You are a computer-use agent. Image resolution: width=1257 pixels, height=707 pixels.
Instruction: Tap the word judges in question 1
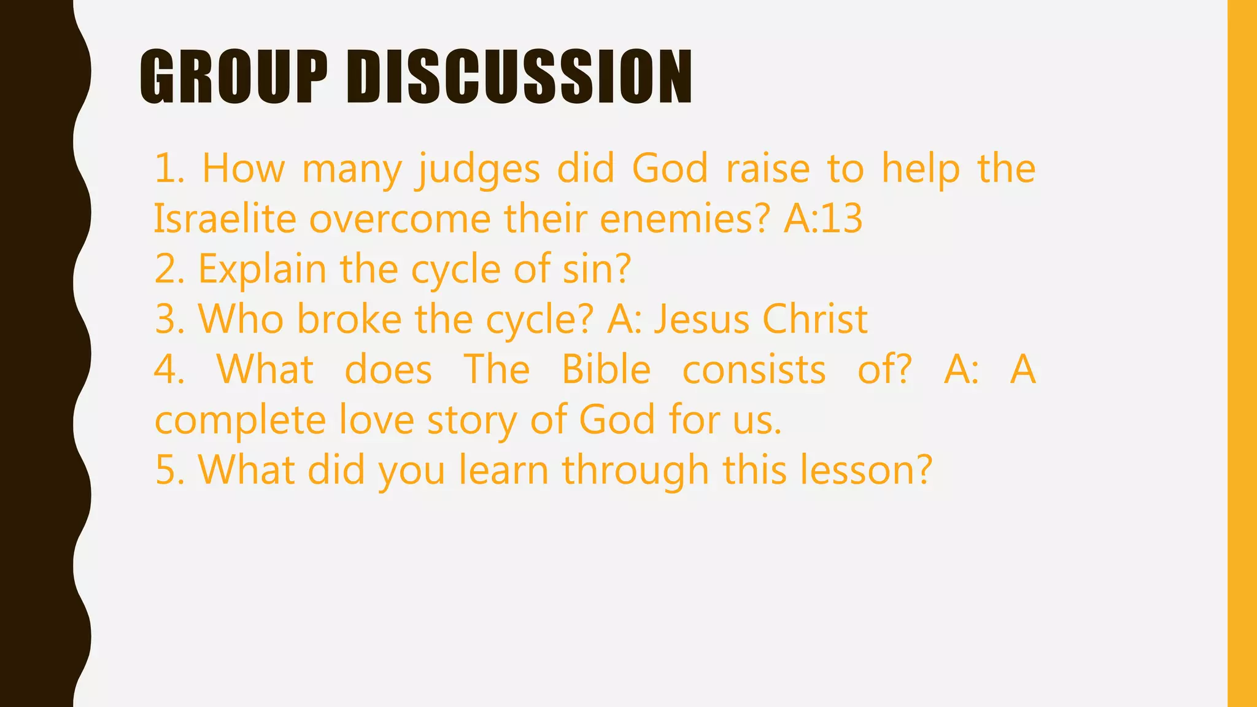tap(478, 169)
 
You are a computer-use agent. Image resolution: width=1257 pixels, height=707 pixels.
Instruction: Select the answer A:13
tap(823, 219)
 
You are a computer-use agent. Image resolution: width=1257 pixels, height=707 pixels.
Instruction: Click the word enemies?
tap(684, 219)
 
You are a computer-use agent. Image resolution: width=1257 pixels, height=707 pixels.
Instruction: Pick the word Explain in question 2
tap(263, 269)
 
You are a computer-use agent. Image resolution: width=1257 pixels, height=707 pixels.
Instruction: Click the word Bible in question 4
tap(606, 369)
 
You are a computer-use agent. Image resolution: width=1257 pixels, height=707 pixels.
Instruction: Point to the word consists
tap(754, 369)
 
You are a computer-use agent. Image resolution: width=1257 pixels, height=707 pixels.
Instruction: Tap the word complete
tap(240, 420)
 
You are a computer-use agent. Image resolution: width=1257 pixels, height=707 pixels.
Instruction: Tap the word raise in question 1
tap(768, 168)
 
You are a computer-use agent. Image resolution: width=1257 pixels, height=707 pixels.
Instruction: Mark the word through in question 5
tap(636, 470)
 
